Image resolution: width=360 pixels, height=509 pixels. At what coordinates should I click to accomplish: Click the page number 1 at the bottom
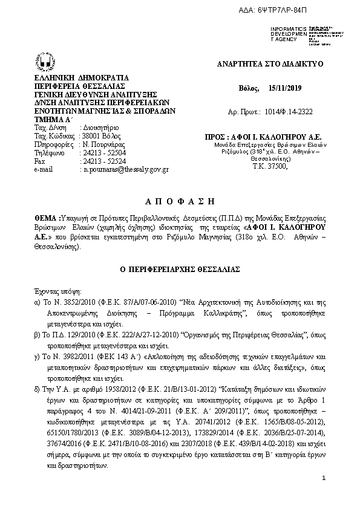[x=324, y=479]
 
